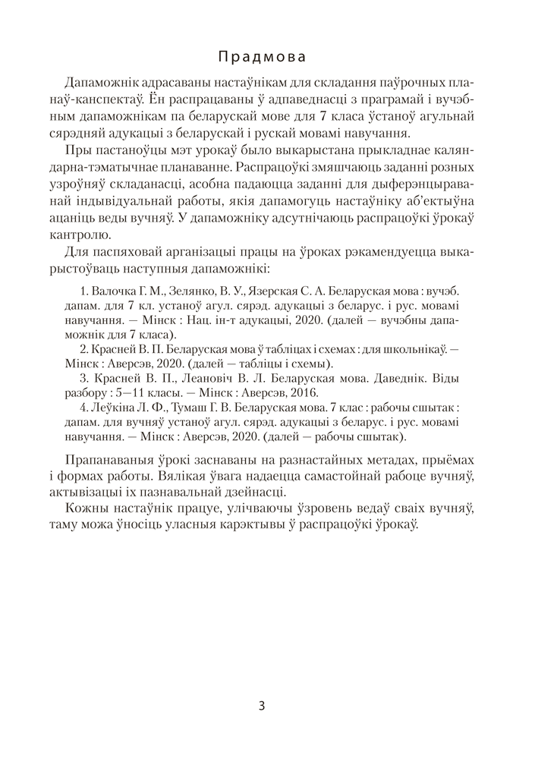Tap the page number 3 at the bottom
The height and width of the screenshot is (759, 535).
pos(262,706)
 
